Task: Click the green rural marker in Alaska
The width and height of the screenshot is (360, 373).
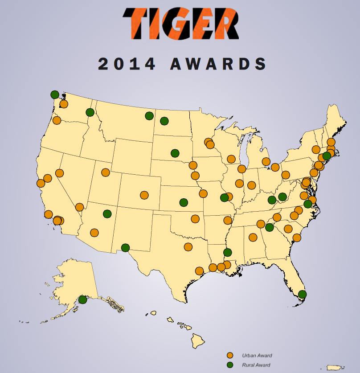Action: [x=82, y=299]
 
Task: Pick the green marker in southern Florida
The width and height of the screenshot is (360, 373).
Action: [x=303, y=294]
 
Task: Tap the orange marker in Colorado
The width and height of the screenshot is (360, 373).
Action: [x=144, y=195]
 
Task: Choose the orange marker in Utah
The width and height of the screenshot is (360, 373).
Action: [x=106, y=172]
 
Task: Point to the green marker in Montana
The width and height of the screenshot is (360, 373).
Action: [x=149, y=116]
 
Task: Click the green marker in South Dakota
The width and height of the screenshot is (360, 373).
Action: [x=175, y=153]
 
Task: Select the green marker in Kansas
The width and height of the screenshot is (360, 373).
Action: [x=184, y=202]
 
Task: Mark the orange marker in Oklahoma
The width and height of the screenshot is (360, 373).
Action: [x=195, y=219]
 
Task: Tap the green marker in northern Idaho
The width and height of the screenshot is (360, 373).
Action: [x=90, y=112]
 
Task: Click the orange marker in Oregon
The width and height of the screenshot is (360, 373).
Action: [x=57, y=120]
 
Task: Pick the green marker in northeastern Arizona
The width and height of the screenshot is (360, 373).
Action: [x=107, y=214]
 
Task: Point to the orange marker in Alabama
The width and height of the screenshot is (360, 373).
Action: [x=253, y=238]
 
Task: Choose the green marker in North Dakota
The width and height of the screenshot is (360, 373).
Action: [x=164, y=121]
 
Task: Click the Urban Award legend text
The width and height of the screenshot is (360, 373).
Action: [x=257, y=356]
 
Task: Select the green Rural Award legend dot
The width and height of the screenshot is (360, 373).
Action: [x=230, y=365]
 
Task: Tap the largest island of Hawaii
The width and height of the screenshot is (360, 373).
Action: [x=198, y=342]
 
